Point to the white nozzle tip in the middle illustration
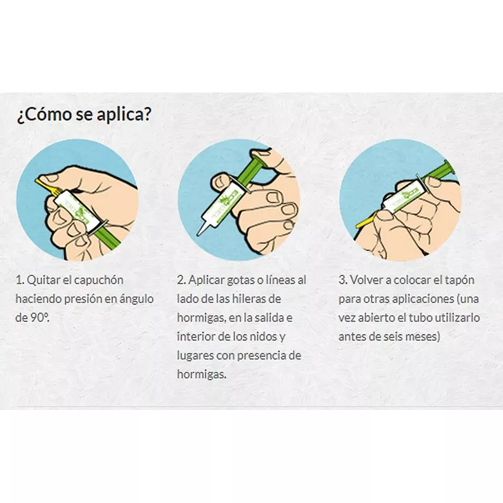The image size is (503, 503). point(202,227)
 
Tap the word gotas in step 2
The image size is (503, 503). point(245,280)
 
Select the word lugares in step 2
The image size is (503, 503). point(196,355)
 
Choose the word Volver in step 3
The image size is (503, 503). point(365,280)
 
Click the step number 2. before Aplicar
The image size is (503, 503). point(182,280)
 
